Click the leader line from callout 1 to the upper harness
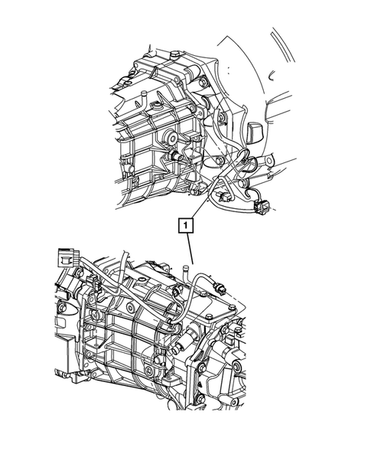(x=200, y=205)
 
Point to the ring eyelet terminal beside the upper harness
(x=268, y=162)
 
